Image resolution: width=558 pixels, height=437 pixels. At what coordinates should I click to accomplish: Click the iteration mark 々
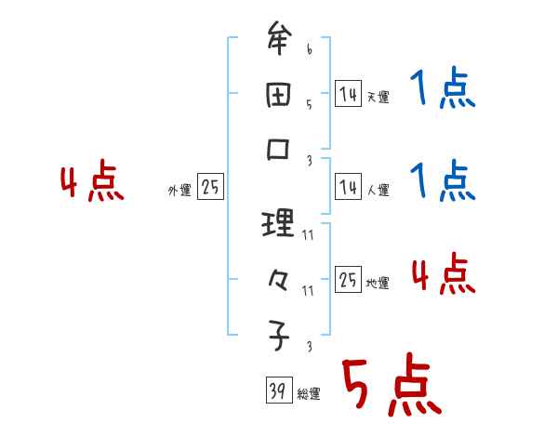[x=279, y=278]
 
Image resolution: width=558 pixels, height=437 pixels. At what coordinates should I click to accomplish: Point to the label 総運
[x=310, y=394]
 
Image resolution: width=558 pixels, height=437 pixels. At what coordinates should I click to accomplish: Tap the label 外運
[x=179, y=190]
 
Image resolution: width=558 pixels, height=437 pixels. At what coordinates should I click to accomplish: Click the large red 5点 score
[x=389, y=387]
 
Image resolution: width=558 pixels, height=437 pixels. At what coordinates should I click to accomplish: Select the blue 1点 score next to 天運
[x=442, y=90]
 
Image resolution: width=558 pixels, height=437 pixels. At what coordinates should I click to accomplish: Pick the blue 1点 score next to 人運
[x=442, y=180]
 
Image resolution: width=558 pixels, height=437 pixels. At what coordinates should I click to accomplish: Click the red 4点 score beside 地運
[x=443, y=274]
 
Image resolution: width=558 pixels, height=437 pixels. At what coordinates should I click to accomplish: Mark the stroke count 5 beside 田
[x=310, y=105]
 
